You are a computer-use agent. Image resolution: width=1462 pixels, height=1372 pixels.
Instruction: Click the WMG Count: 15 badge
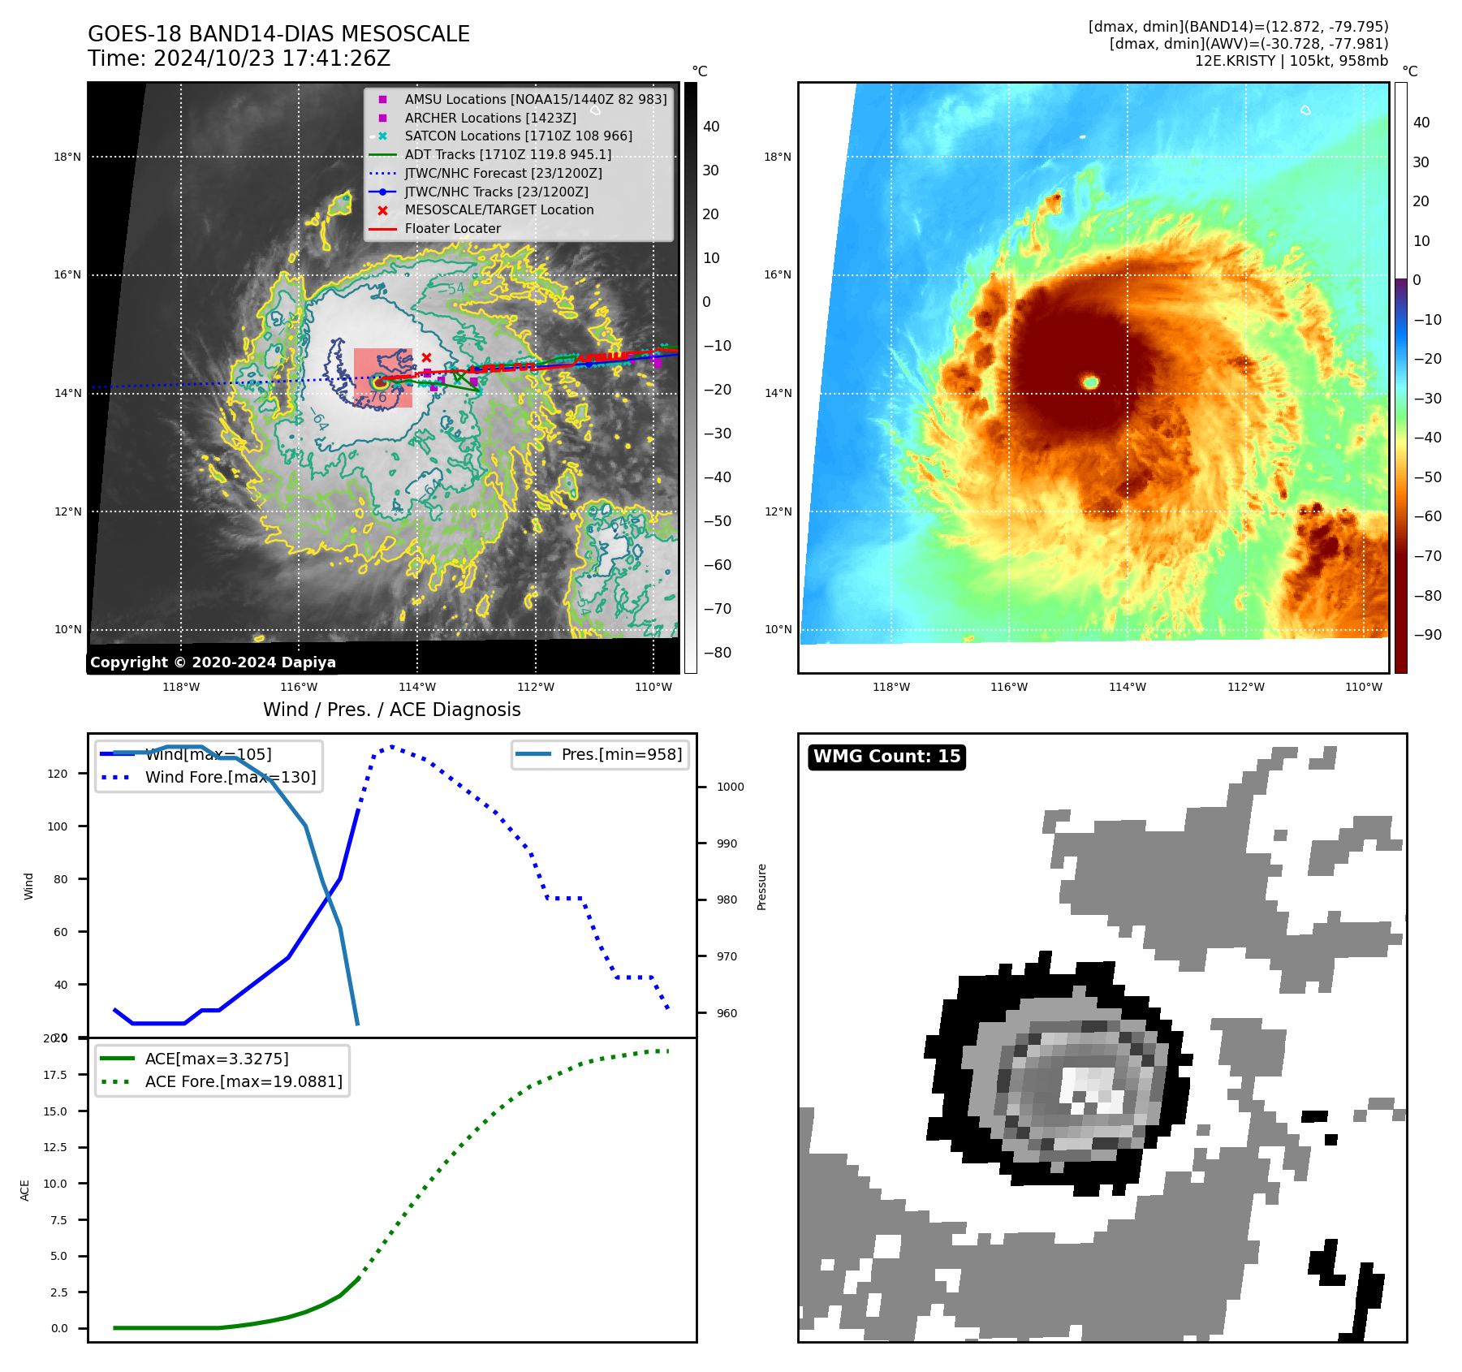click(x=886, y=757)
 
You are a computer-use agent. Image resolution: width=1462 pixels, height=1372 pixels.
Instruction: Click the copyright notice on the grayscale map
click(x=213, y=662)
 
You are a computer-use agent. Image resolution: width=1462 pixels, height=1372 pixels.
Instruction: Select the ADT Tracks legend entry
click(x=507, y=154)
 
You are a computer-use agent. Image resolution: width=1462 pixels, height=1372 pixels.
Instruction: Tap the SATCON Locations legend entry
click(x=518, y=136)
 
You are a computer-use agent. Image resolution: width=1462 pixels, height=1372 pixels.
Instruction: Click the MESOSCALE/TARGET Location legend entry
click(x=498, y=209)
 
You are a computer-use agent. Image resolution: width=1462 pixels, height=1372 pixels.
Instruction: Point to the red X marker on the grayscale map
click(x=426, y=357)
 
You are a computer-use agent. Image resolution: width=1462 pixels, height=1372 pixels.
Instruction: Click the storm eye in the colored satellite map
click(x=1090, y=382)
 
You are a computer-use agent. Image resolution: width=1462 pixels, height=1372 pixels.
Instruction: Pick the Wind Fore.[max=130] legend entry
click(x=230, y=777)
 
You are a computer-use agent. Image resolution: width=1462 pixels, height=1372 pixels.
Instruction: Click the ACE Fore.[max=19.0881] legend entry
click(x=244, y=1081)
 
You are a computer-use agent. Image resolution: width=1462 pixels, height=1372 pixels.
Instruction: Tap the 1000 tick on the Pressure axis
click(x=730, y=787)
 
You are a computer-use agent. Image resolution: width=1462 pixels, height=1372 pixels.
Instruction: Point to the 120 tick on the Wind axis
click(x=58, y=774)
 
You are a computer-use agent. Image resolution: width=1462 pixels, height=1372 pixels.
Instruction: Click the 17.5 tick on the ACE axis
click(x=55, y=1075)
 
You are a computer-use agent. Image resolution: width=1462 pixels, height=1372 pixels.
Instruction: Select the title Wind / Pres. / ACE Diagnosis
click(x=391, y=710)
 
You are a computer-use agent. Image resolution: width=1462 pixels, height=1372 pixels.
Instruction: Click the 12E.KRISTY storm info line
click(x=1291, y=61)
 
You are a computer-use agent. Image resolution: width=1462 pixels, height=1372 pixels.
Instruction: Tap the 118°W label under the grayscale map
click(x=181, y=687)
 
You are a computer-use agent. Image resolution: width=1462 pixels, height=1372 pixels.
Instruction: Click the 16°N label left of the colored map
click(x=777, y=274)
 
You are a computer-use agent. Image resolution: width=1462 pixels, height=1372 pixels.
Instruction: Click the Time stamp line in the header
click(x=239, y=58)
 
